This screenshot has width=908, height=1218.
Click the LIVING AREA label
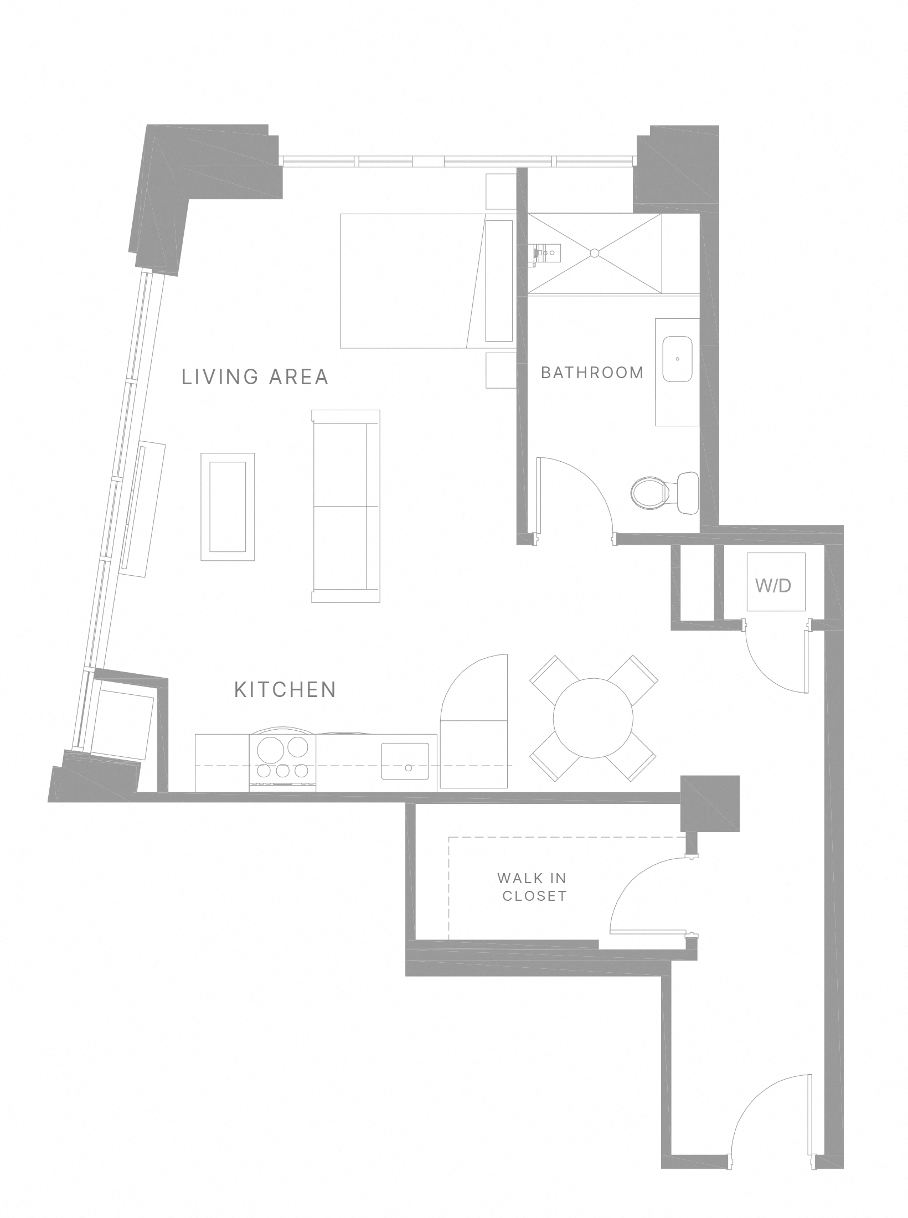coord(255,376)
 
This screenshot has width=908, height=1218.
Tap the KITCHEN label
coord(285,690)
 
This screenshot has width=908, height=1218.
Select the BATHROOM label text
coord(592,373)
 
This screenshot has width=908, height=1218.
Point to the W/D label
coord(773,586)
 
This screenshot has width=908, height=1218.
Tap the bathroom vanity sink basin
coord(677,359)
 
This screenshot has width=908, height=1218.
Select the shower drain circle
coord(595,253)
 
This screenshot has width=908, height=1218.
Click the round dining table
coord(593,718)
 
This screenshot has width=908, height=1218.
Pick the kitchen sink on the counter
coord(405,761)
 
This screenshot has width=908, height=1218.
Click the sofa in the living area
coord(346,506)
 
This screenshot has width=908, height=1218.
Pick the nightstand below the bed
coord(501,370)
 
